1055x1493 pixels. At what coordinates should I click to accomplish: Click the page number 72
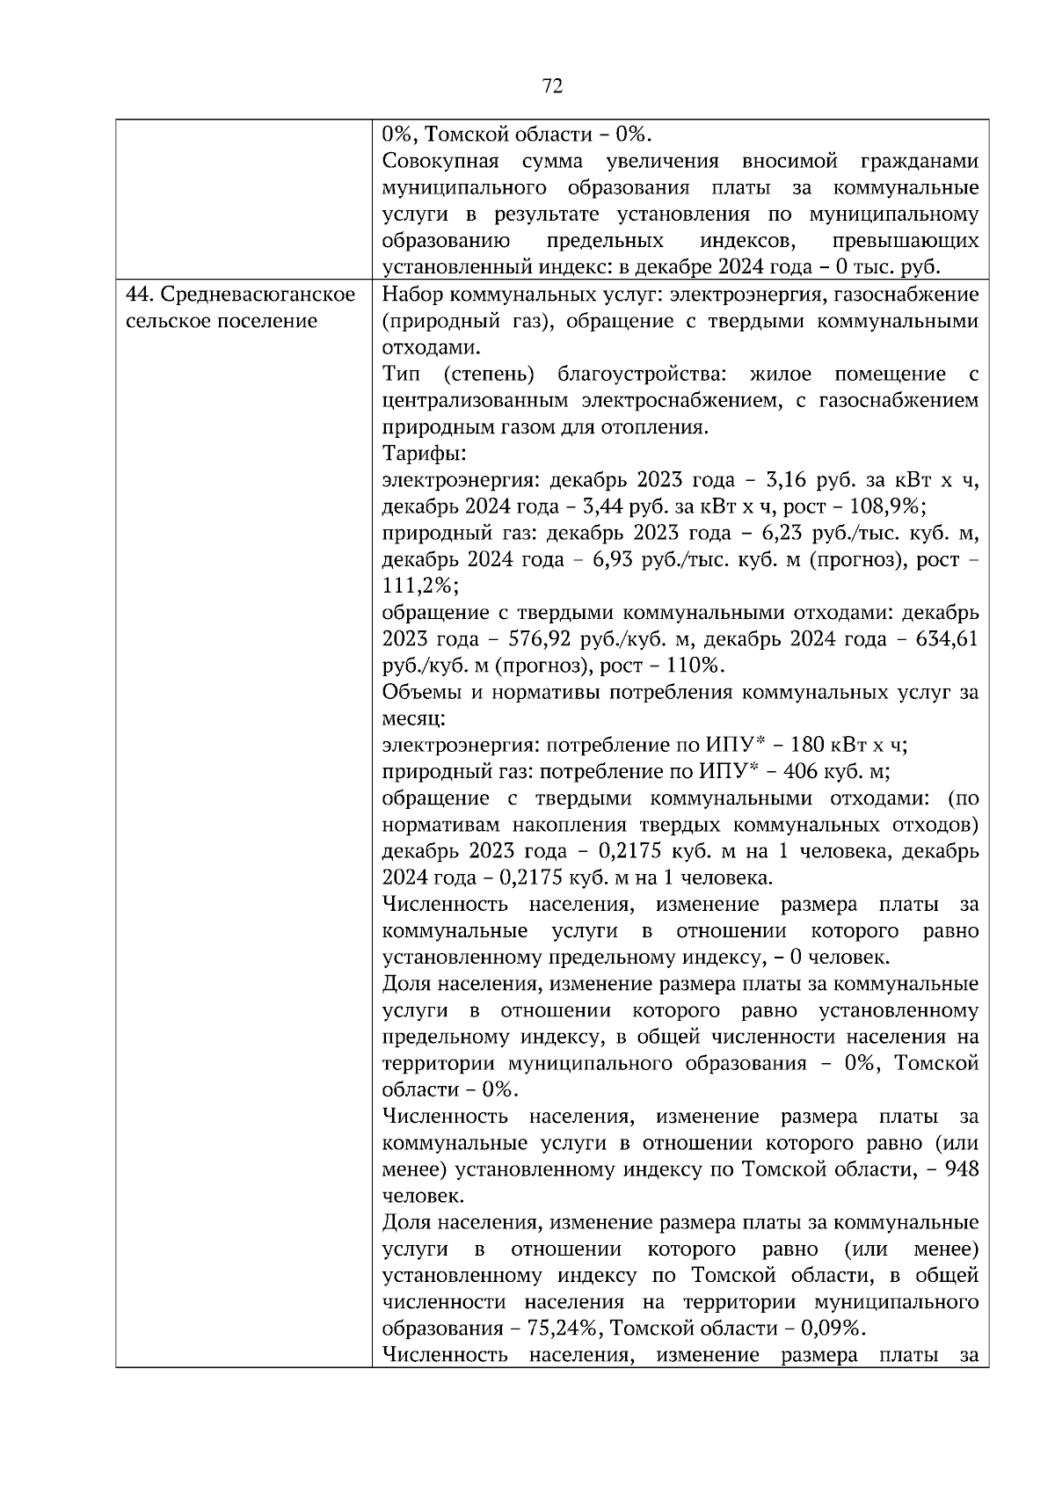click(552, 85)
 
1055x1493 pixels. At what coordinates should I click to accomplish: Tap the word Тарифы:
click(424, 454)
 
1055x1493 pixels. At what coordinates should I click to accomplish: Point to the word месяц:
click(414, 718)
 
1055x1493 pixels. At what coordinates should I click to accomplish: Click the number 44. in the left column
click(140, 295)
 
